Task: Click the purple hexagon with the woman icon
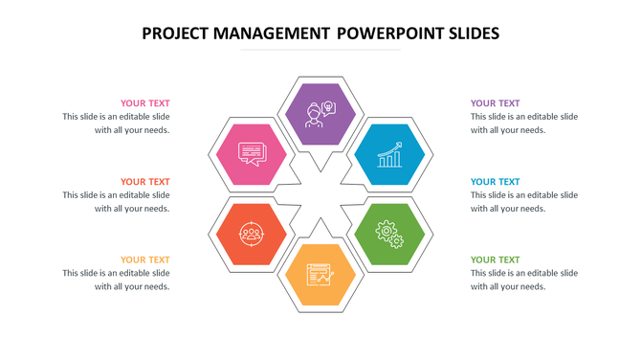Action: [x=320, y=114]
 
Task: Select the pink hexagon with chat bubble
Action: [x=251, y=153]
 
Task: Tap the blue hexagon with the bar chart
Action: [x=389, y=153]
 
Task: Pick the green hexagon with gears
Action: [x=389, y=234]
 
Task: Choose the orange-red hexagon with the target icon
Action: [x=251, y=234]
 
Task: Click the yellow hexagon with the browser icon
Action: [x=320, y=274]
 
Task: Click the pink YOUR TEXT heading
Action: [x=144, y=103]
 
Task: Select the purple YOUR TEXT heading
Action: [x=496, y=103]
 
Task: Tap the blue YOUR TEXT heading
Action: [x=496, y=182]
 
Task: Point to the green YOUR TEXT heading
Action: [x=496, y=259]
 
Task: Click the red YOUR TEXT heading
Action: [x=144, y=182]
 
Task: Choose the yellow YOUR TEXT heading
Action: [x=144, y=259]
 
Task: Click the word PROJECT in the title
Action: [x=178, y=34]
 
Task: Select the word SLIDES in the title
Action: [x=469, y=34]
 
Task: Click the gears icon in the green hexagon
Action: [x=390, y=234]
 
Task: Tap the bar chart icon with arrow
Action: [x=389, y=154]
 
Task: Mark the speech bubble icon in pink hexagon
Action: [x=251, y=153]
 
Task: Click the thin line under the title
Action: [x=320, y=50]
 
